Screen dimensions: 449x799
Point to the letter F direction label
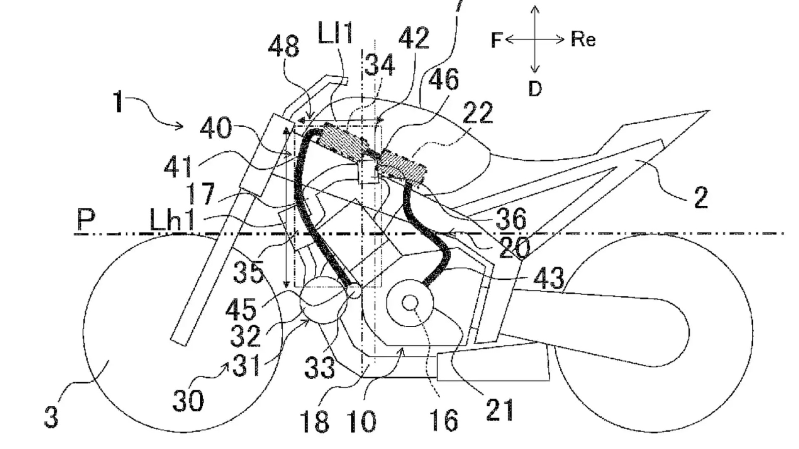coord(497,40)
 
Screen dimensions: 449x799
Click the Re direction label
coord(583,39)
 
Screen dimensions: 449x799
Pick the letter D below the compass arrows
coord(535,89)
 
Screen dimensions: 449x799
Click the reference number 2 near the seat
coord(700,198)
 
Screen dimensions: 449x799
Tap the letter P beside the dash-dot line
coord(86,219)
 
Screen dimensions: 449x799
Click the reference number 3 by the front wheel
coord(51,417)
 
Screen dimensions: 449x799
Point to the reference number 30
coord(188,401)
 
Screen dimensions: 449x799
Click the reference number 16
coord(445,420)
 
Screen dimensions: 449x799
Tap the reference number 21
coord(500,410)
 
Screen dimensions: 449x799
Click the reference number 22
coord(478,113)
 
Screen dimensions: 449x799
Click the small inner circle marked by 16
coord(410,303)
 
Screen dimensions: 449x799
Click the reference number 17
coord(200,194)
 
